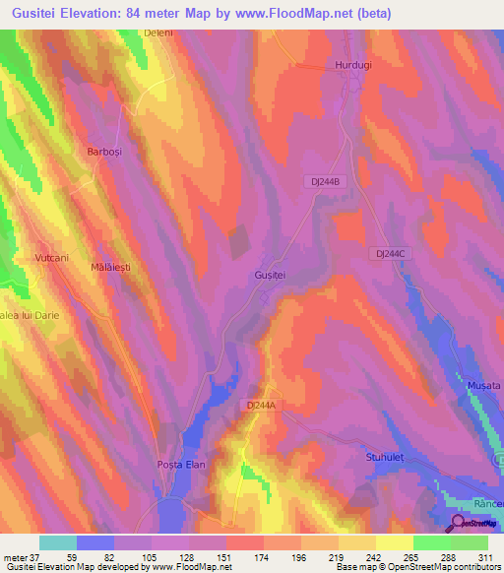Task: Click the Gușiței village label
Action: (270, 276)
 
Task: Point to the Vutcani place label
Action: (52, 257)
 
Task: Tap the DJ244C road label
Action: (391, 253)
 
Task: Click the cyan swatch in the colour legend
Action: (58, 542)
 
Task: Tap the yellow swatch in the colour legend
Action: (395, 542)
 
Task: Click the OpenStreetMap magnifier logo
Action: (459, 523)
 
